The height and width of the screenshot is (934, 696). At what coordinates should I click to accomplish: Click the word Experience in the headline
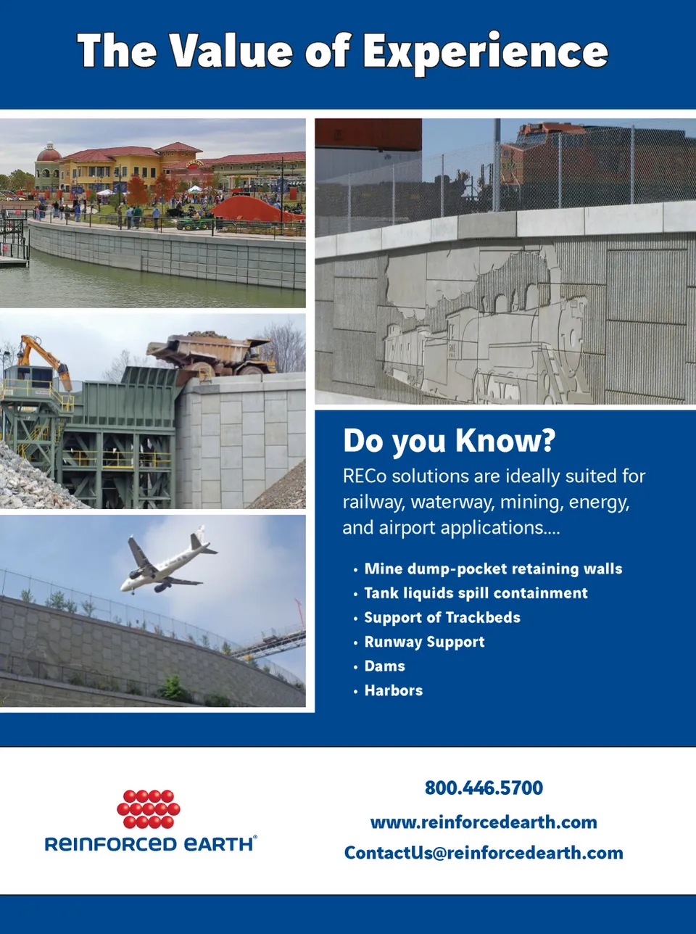(486, 53)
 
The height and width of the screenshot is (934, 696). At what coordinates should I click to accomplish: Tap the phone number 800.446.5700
(484, 788)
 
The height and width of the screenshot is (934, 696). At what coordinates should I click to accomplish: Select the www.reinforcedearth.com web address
(484, 822)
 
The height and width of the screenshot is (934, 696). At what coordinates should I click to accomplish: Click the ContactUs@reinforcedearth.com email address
(484, 854)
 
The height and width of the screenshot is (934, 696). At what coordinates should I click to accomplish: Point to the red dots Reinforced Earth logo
(149, 809)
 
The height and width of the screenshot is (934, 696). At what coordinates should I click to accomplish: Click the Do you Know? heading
(449, 441)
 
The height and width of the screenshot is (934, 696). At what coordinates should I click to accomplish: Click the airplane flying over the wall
(168, 559)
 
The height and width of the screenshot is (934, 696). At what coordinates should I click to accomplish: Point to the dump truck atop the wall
(212, 355)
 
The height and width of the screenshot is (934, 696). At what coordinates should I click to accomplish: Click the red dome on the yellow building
(49, 152)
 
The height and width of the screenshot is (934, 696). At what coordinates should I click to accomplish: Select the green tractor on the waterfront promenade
(194, 223)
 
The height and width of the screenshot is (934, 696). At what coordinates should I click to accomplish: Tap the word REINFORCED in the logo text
(111, 844)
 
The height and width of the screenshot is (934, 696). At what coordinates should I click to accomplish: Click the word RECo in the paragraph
(365, 476)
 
